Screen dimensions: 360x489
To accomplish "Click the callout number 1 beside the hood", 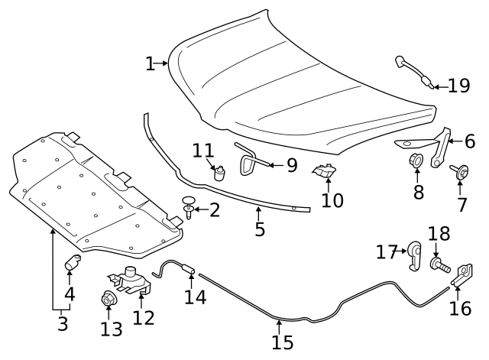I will (151, 63).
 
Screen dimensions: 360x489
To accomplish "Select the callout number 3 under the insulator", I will (63, 324).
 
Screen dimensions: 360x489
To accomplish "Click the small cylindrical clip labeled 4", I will (70, 264).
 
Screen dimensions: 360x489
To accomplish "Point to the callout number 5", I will (260, 228).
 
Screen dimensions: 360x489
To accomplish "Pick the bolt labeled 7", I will (461, 174).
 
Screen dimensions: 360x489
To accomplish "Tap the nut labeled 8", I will (417, 161).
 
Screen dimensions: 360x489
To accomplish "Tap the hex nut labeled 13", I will (108, 299).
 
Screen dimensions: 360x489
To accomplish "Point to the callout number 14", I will (195, 297).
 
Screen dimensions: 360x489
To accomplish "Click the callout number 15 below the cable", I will (282, 342).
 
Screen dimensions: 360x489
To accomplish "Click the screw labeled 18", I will (439, 265).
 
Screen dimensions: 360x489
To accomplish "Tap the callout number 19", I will (459, 85).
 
